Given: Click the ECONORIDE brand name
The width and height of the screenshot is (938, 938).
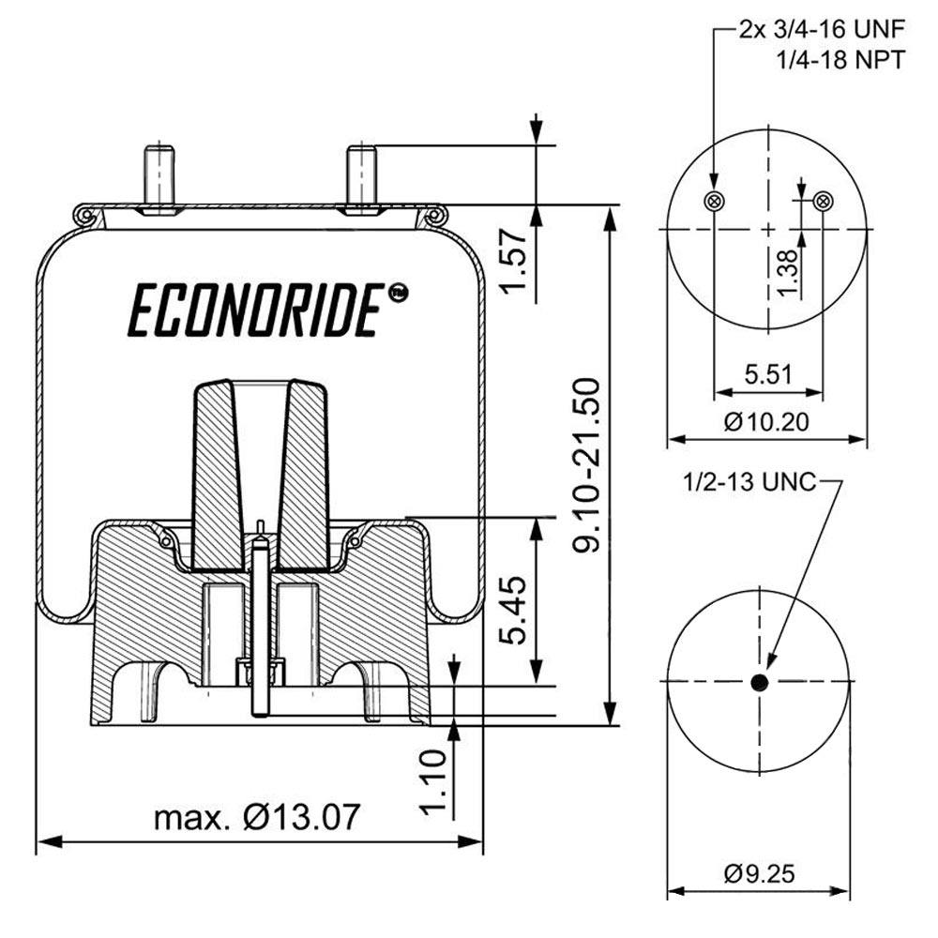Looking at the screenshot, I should [255, 311].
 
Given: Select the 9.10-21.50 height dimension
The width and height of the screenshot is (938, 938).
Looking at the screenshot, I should [588, 466].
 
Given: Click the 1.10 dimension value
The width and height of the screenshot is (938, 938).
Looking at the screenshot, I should [432, 783].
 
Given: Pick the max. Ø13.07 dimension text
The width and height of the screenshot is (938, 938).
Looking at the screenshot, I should [256, 817].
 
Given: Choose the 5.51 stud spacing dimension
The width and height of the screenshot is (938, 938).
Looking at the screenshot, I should [769, 375].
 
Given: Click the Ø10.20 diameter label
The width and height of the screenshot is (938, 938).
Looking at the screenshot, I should [766, 421].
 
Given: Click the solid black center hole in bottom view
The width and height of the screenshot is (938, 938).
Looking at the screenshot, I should [760, 681].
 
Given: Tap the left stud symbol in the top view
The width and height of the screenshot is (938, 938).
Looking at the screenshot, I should [715, 200].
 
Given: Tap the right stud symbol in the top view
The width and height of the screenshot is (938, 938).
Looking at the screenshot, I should [824, 200].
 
